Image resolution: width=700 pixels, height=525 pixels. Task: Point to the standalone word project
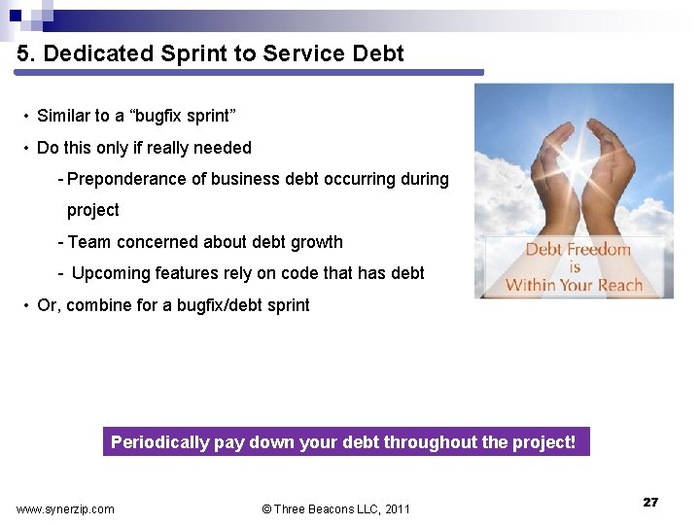click(92, 210)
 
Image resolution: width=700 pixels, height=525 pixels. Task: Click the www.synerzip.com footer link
click(65, 508)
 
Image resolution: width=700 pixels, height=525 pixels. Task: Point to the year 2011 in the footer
click(397, 508)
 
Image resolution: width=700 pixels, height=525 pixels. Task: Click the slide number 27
click(650, 502)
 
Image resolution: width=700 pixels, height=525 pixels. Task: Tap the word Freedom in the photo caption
click(599, 250)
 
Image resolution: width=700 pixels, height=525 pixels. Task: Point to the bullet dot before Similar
click(25, 117)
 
